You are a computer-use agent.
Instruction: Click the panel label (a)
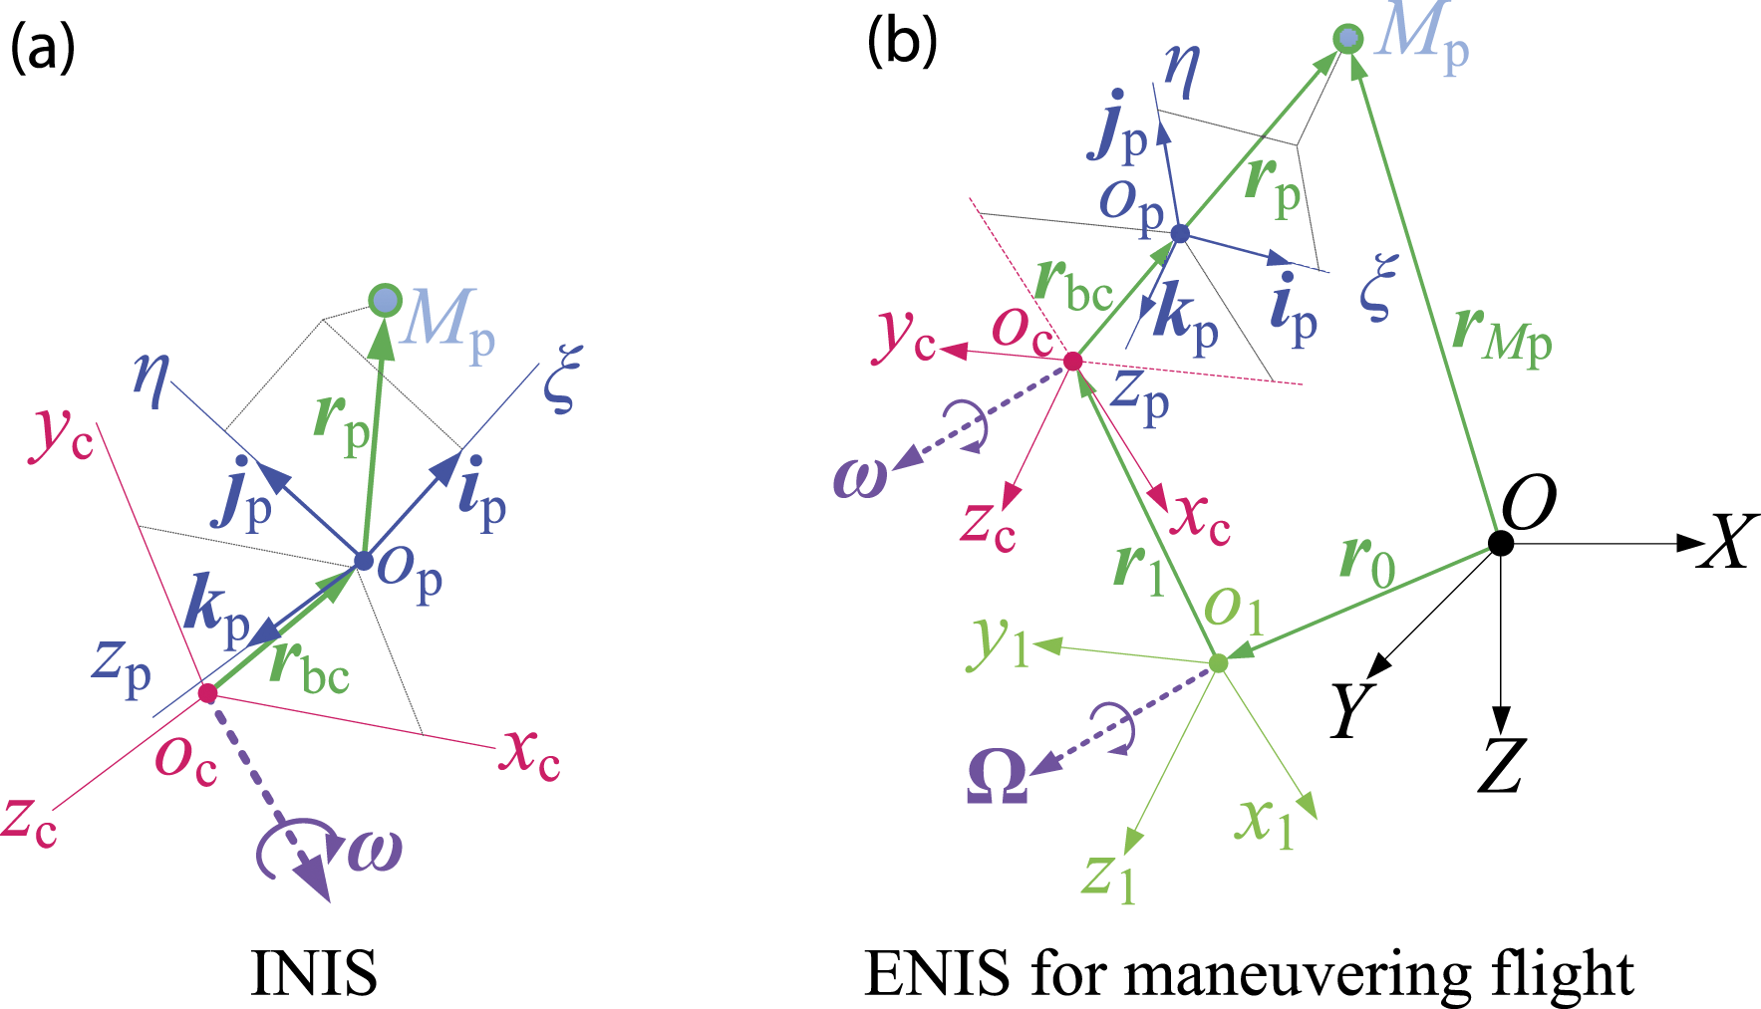tap(42, 48)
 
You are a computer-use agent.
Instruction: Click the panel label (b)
tap(902, 42)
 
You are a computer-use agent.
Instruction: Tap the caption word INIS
tap(314, 973)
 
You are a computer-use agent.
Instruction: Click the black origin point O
tap(1500, 543)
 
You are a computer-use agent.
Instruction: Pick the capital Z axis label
tap(1501, 766)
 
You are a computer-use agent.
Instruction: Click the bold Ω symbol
tap(997, 777)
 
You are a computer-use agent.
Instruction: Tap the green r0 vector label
tap(1367, 560)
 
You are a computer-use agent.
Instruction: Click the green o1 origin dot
tap(1218, 662)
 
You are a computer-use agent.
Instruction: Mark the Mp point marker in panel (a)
tap(385, 300)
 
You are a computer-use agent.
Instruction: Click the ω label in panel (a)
tap(376, 850)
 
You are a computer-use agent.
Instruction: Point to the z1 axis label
tap(1109, 877)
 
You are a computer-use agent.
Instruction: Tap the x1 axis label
tap(1265, 823)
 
